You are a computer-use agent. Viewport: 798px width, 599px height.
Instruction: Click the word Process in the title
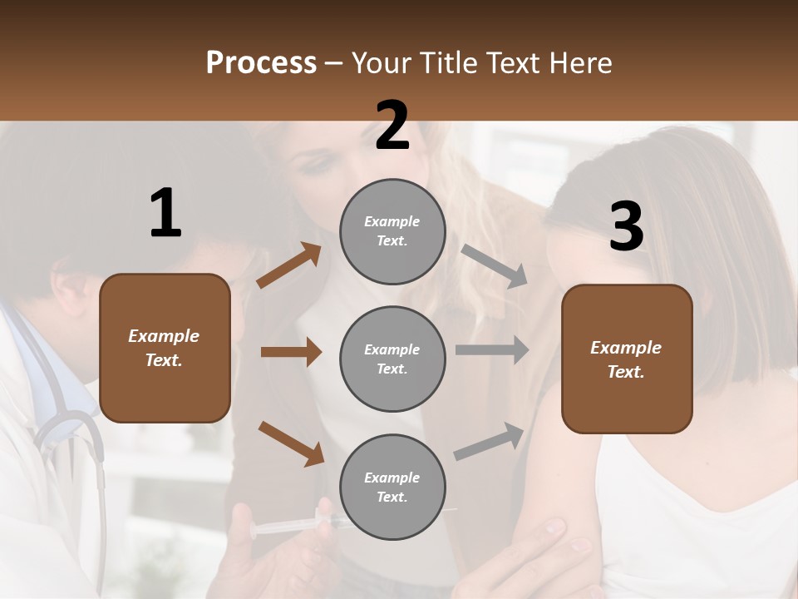click(x=261, y=63)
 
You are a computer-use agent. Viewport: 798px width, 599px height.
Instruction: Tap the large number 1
click(x=165, y=214)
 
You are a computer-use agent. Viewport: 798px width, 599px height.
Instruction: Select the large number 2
click(x=392, y=126)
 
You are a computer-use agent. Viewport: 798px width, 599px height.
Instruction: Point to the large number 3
click(x=626, y=227)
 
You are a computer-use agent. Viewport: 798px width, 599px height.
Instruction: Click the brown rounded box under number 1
click(x=165, y=348)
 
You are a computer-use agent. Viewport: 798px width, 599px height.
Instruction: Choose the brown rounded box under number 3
click(x=627, y=359)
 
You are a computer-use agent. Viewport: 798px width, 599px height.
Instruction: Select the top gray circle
click(x=392, y=231)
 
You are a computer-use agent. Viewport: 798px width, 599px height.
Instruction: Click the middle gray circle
click(x=392, y=359)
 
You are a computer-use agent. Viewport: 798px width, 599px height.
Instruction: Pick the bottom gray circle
click(x=392, y=487)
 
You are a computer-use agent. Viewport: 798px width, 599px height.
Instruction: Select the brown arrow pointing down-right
click(x=291, y=443)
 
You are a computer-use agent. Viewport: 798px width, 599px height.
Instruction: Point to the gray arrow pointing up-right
click(x=490, y=442)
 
